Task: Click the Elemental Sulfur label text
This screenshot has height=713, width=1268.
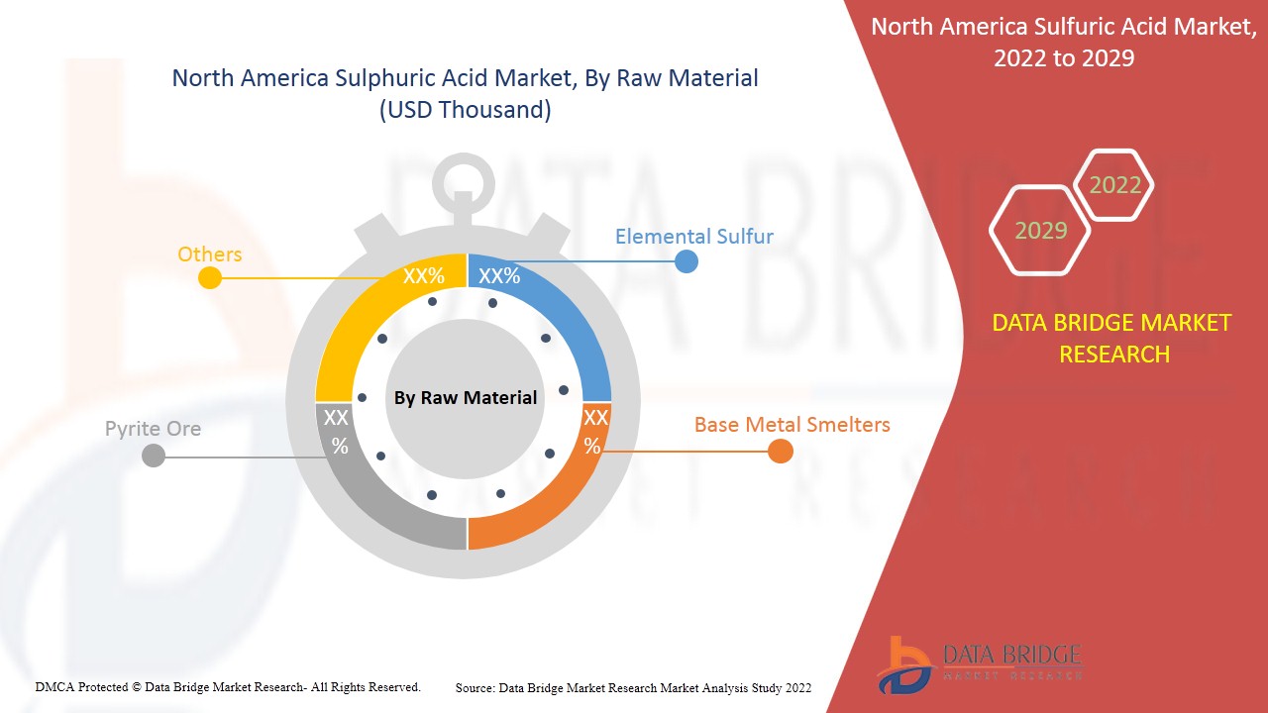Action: (693, 237)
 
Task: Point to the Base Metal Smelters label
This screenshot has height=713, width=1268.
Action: (792, 425)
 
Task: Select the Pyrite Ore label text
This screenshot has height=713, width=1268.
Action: (153, 429)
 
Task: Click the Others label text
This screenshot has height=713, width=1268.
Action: (209, 255)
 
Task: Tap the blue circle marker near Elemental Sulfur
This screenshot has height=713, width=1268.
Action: (686, 261)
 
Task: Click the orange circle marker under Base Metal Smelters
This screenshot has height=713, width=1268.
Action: (781, 452)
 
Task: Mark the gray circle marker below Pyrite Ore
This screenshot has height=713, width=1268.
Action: (154, 457)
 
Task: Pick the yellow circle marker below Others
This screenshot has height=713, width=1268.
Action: (210, 278)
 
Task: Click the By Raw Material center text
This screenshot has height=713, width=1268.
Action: (466, 398)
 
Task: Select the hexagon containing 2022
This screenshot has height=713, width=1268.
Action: (1114, 185)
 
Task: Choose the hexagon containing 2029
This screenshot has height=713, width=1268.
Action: (1040, 231)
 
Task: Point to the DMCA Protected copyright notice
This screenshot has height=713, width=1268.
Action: (228, 686)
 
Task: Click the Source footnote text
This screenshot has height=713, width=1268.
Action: (633, 687)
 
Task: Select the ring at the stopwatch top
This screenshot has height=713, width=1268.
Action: (463, 178)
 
